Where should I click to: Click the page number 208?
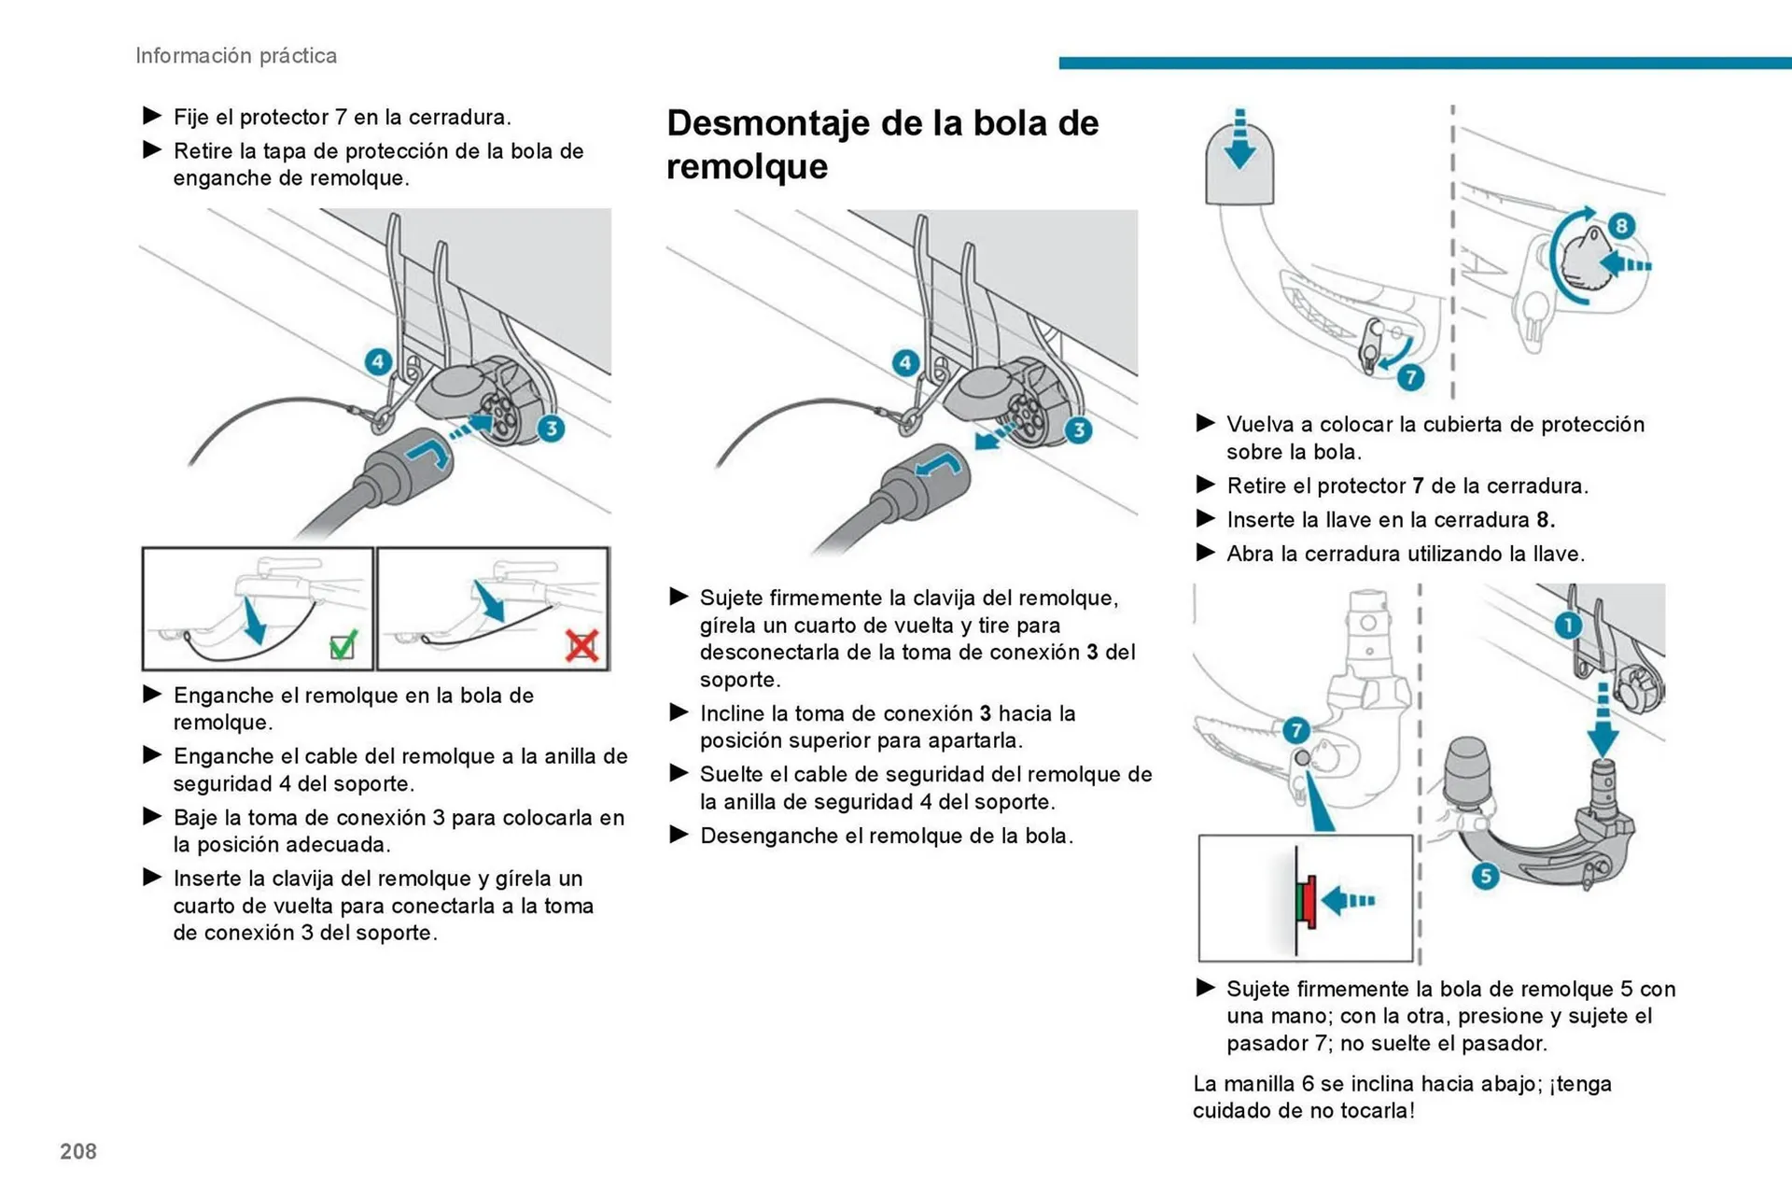(x=78, y=1151)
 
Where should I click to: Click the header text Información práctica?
(x=236, y=56)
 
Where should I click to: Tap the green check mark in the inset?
(x=343, y=644)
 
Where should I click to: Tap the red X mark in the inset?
(x=581, y=645)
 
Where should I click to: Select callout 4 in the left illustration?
(x=378, y=361)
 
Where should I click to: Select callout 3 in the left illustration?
(x=552, y=429)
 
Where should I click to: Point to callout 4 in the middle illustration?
(x=905, y=363)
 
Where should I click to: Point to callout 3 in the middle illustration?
(x=1079, y=429)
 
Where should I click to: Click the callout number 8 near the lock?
(x=1621, y=225)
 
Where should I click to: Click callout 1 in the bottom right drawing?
(x=1568, y=625)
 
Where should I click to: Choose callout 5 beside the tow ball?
(x=1485, y=876)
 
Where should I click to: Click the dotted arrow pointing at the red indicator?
(x=1349, y=901)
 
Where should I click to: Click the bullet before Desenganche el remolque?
(x=679, y=835)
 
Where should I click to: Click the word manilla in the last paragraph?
(x=1257, y=1084)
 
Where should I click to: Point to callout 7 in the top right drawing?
(x=1410, y=377)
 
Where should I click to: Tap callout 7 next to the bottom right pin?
(x=1295, y=729)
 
